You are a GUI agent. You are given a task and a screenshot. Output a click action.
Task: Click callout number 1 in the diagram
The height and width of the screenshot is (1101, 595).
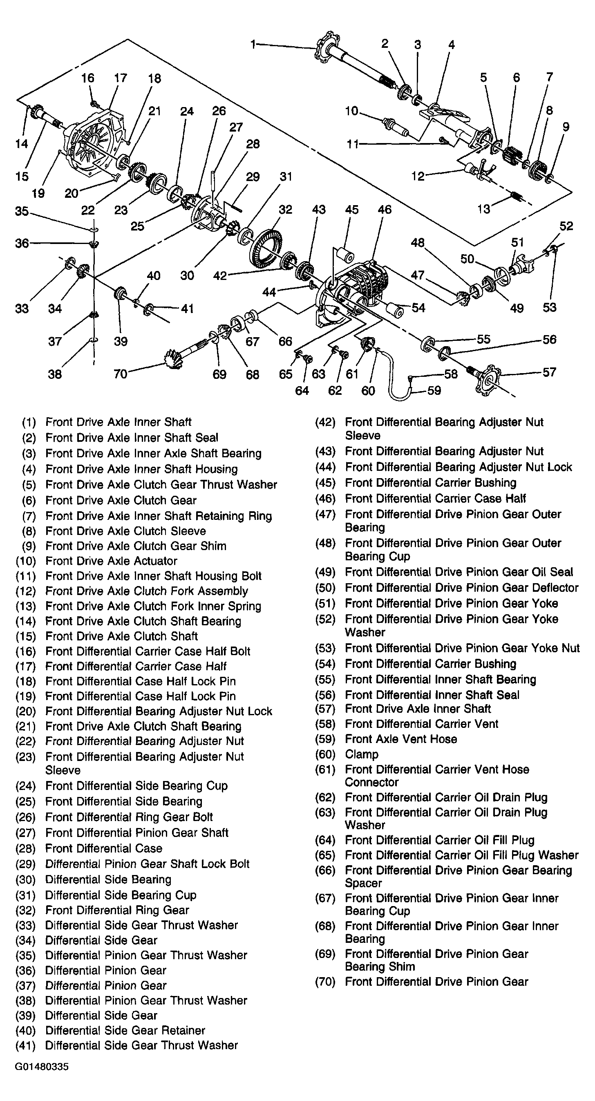(x=253, y=45)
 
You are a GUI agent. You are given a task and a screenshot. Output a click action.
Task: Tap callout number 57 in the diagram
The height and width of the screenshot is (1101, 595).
(x=549, y=372)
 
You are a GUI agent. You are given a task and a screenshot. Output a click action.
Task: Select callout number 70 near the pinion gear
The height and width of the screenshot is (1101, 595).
(x=121, y=374)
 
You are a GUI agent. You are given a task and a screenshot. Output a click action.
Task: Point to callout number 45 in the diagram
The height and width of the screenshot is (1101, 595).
(x=351, y=210)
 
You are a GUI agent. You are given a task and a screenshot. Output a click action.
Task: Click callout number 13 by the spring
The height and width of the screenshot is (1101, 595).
(x=483, y=209)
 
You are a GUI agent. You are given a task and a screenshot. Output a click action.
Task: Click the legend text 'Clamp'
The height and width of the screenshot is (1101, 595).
(x=362, y=754)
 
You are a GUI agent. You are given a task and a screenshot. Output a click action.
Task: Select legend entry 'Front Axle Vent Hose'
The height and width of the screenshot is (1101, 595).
(x=401, y=739)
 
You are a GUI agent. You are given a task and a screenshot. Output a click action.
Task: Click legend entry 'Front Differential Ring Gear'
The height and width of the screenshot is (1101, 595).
(x=117, y=911)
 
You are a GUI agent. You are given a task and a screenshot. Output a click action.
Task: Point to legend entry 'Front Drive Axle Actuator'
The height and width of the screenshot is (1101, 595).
(x=111, y=561)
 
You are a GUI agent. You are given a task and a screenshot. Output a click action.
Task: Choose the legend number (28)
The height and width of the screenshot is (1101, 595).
(x=25, y=848)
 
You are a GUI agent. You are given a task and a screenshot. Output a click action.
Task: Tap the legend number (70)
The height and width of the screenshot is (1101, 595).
(x=325, y=982)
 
